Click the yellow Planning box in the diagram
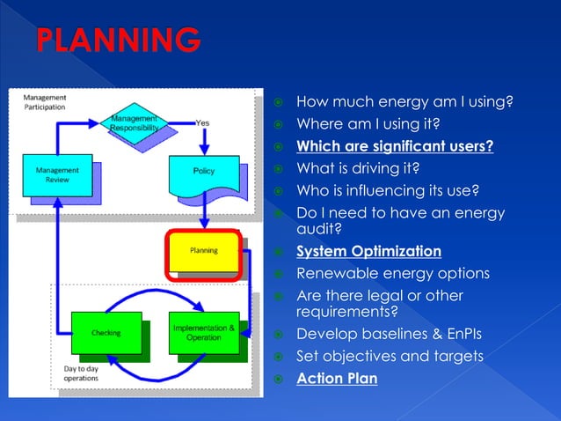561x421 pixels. coord(203,251)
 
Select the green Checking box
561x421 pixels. coord(106,333)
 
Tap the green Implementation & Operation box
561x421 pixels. coord(203,332)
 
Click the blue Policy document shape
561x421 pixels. coord(203,173)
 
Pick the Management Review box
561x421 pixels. coord(56,174)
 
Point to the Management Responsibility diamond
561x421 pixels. coord(134,122)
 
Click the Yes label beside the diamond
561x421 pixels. coord(202,122)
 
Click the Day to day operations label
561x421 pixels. coord(82,373)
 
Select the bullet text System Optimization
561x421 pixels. coord(368,252)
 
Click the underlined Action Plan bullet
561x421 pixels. coord(337,379)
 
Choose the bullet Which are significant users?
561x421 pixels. coord(394,146)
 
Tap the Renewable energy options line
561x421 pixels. coord(392,273)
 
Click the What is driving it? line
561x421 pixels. coord(369,168)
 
